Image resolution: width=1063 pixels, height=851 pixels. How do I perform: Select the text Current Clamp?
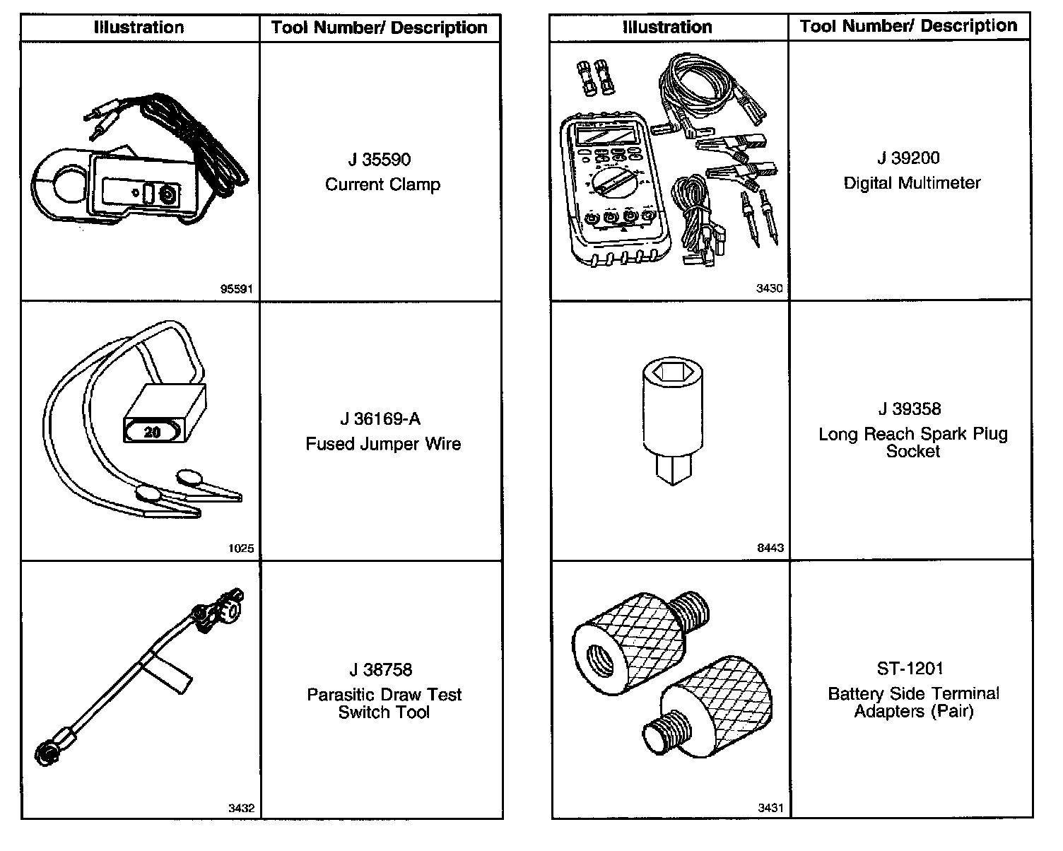point(382,184)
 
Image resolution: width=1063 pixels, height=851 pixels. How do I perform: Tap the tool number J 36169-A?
point(380,419)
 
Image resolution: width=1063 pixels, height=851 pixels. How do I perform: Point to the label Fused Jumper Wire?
point(383,444)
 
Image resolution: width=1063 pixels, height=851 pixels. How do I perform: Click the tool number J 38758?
point(381,669)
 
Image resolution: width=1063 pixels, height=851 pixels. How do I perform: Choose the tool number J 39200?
point(909,158)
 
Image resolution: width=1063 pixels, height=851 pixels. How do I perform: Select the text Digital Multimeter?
point(912,183)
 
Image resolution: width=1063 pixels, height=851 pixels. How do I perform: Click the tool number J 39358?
point(910,409)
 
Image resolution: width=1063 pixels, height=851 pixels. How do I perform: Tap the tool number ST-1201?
point(910,669)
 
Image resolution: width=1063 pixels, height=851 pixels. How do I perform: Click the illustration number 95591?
point(236,288)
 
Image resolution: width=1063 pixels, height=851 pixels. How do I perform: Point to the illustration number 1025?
point(241,548)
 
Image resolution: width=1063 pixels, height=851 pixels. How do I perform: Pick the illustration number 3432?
point(240,809)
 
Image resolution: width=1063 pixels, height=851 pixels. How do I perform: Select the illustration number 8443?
point(770,548)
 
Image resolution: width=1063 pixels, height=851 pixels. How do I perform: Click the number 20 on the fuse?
point(152,431)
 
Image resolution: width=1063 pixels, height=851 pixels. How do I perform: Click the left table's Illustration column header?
point(139,28)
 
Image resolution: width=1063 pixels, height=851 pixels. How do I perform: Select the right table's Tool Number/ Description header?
point(908,26)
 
